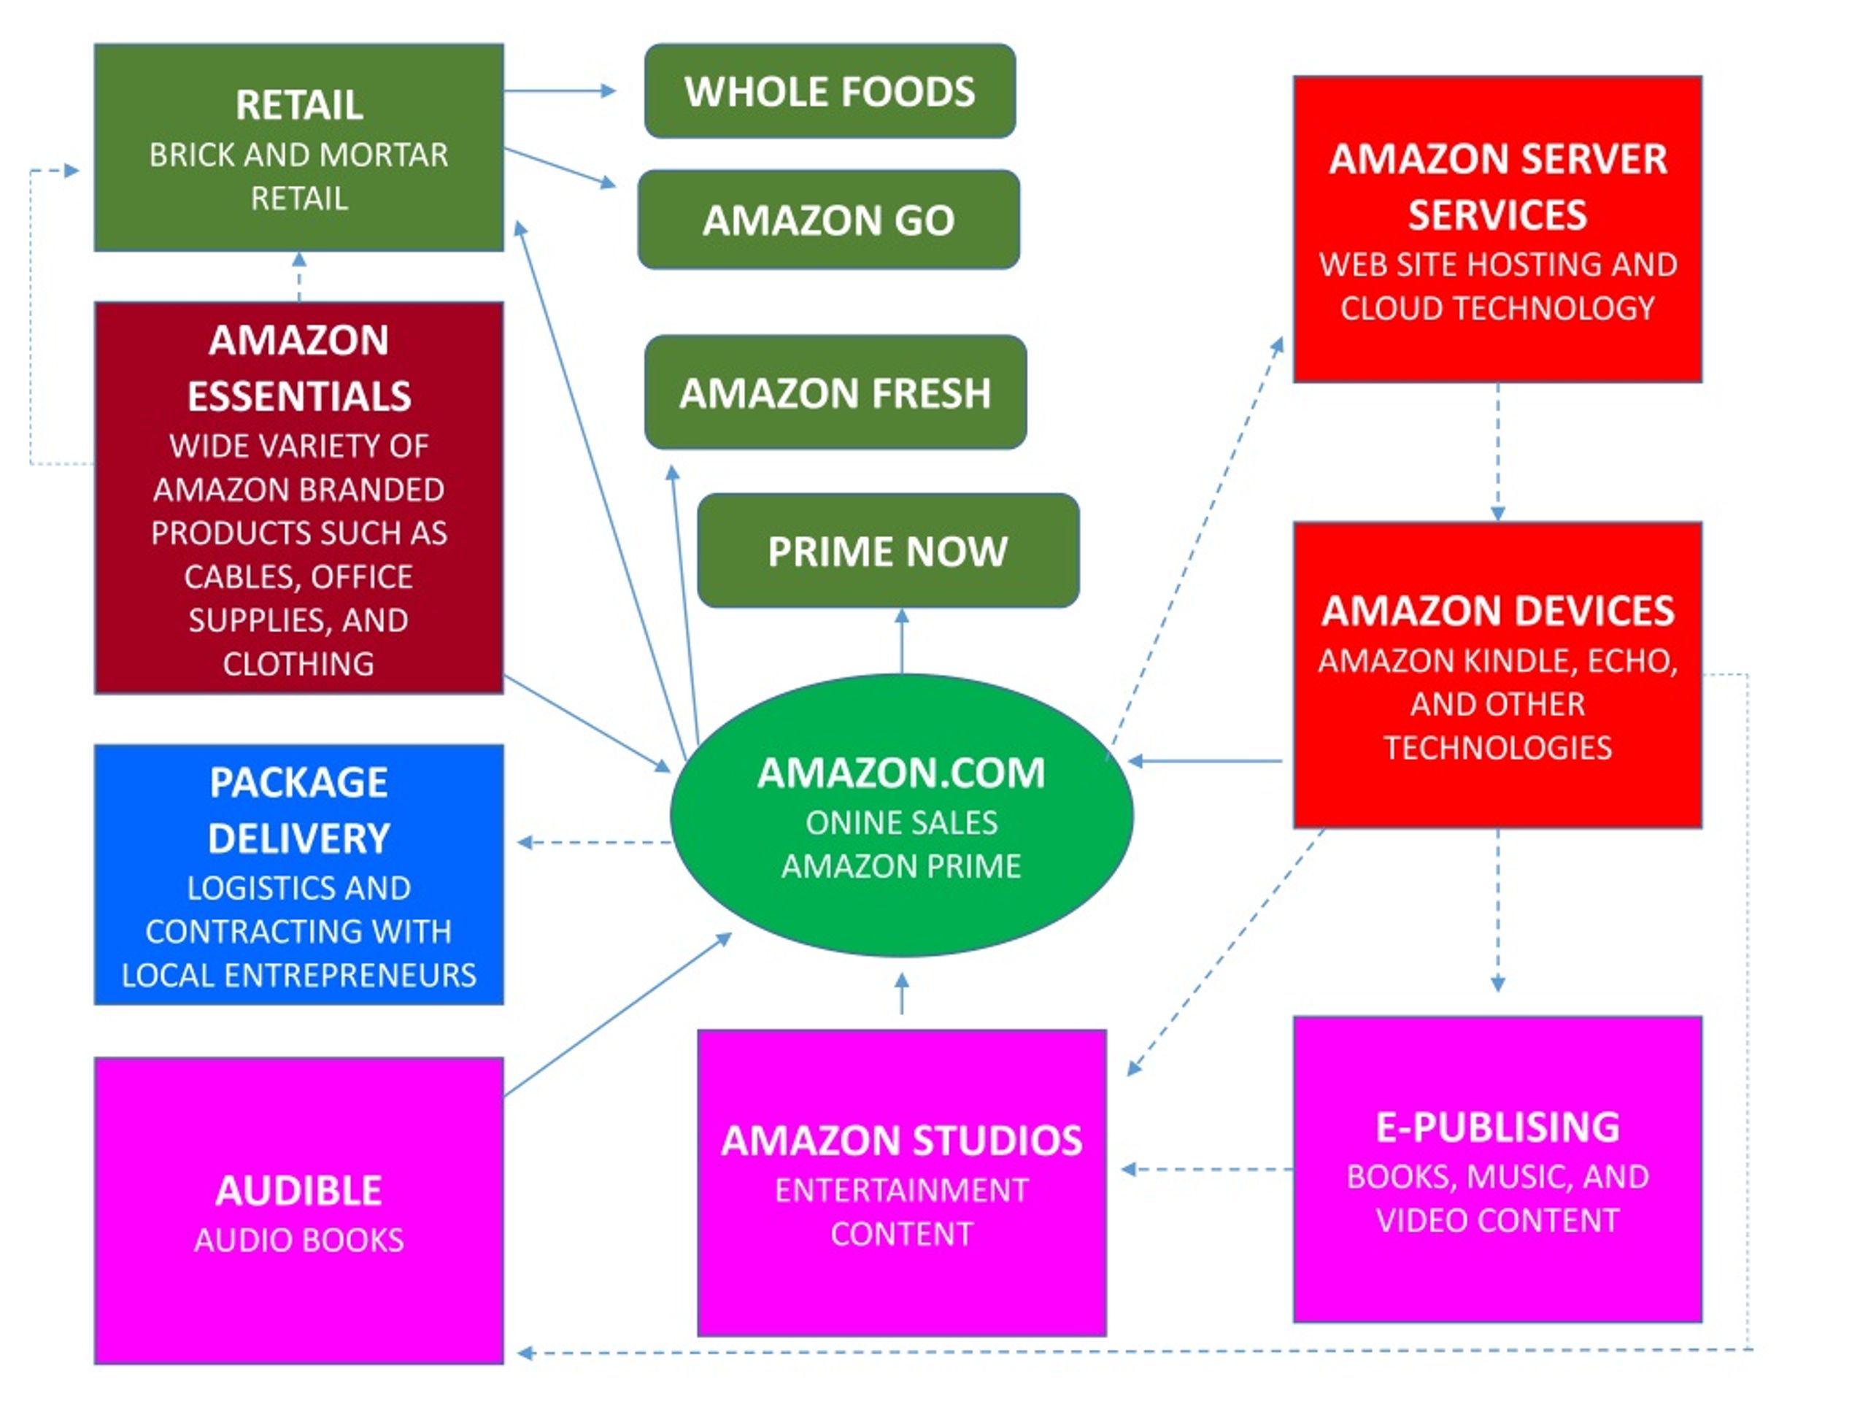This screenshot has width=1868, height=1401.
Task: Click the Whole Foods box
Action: [x=830, y=91]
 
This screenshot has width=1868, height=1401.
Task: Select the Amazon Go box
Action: [x=828, y=220]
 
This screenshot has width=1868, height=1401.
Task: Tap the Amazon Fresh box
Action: [x=835, y=393]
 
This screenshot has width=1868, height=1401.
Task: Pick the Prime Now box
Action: [x=889, y=551]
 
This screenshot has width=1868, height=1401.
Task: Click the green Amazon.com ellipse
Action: [x=902, y=815]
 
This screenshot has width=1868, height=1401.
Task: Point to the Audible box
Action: [x=299, y=1210]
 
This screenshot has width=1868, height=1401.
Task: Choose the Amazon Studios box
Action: [x=902, y=1182]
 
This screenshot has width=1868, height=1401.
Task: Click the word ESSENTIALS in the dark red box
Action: [x=299, y=396]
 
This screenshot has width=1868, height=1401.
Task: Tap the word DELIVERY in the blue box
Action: [x=299, y=838]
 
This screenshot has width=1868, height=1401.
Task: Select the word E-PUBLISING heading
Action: [x=1498, y=1127]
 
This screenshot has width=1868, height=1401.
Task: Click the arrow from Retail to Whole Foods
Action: [x=560, y=90]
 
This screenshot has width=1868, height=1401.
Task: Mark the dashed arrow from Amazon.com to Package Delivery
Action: [x=595, y=842]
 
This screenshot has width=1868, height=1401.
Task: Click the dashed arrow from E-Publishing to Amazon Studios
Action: [x=1207, y=1170]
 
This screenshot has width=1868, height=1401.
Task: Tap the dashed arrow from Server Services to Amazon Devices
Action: [x=1498, y=452]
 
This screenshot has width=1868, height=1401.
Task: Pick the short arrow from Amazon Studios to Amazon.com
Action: [x=902, y=993]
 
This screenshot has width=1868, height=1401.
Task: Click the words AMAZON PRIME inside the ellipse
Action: [x=901, y=865]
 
